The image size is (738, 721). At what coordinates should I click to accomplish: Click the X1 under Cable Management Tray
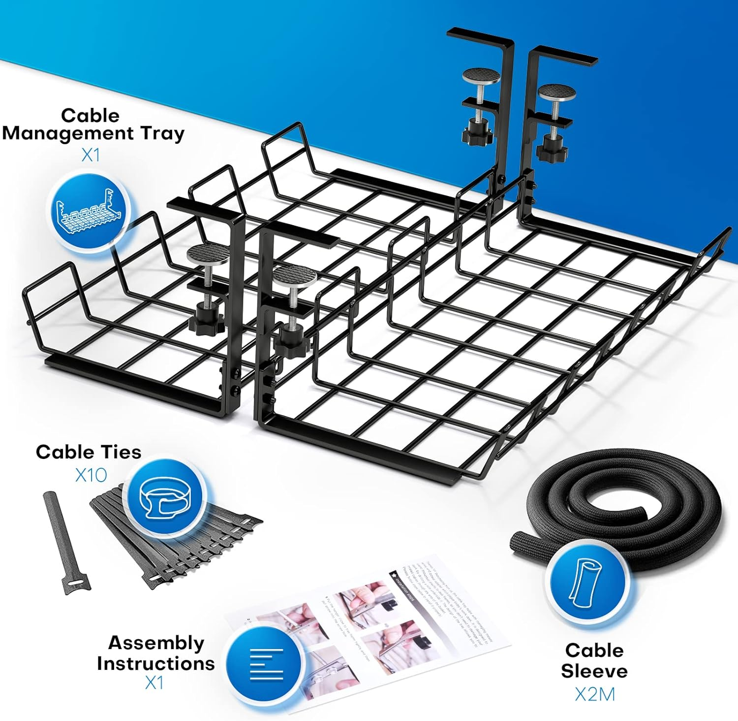91,155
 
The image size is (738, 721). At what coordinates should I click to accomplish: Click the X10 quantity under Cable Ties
91,475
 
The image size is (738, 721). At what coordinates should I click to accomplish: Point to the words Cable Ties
89,452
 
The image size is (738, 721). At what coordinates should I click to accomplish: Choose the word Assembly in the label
156,643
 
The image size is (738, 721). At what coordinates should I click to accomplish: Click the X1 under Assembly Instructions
154,683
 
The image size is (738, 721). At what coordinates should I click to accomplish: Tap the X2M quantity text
595,694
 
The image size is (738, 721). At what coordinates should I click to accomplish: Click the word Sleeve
594,671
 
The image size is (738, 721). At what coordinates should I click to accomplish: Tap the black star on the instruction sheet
394,574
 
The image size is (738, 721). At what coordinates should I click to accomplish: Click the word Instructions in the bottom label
156,663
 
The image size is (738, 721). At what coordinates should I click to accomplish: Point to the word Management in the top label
68,133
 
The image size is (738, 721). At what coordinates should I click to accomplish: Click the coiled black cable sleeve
620,502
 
